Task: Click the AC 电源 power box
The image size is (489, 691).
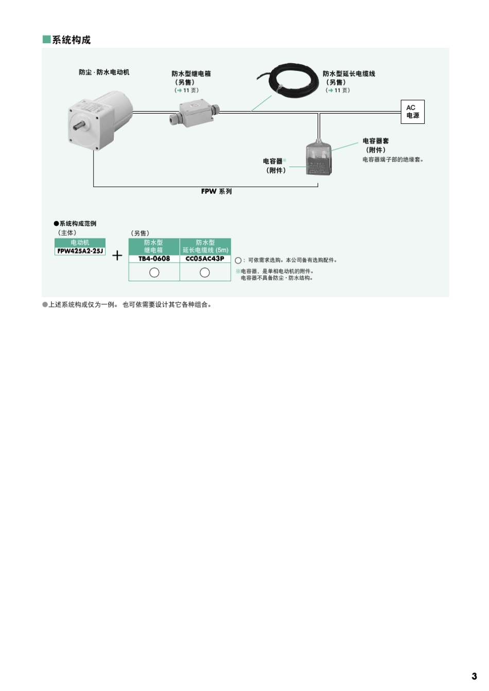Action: click(412, 112)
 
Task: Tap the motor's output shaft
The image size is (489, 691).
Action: click(79, 126)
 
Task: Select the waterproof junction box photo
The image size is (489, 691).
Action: click(194, 114)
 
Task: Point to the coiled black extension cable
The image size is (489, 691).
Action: click(287, 80)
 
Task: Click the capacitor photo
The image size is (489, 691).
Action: click(319, 157)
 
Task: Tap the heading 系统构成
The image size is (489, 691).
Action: click(71, 40)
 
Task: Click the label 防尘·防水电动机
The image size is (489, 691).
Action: click(104, 72)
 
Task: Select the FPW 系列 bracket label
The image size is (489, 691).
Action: click(216, 191)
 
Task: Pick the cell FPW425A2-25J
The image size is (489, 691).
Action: click(80, 251)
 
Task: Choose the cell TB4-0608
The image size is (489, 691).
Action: click(154, 259)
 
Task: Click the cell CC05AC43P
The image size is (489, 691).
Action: click(205, 259)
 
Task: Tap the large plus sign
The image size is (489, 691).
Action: click(117, 256)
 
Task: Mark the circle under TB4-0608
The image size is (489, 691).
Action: click(154, 272)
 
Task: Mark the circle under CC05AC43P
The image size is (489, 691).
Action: click(205, 272)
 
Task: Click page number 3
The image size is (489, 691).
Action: click(474, 676)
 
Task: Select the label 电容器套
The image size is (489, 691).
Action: click(376, 141)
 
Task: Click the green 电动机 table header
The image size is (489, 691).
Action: click(80, 243)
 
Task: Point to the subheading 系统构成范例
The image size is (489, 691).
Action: click(78, 223)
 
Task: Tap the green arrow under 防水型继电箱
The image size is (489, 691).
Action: click(180, 90)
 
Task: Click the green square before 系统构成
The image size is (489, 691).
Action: click(46, 40)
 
